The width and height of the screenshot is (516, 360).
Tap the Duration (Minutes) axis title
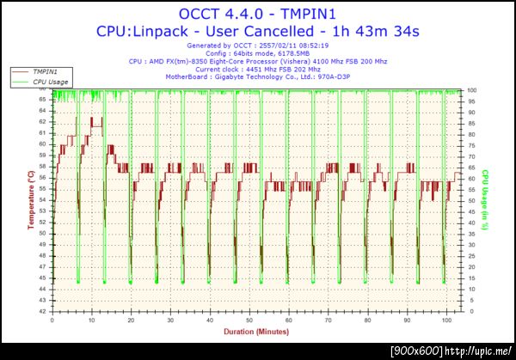(255, 330)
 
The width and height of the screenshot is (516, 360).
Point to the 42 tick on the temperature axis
(43, 311)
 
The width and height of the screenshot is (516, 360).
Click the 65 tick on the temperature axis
(43, 100)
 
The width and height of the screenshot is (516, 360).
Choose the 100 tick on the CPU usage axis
(472, 90)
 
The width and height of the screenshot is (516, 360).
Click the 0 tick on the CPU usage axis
(470, 311)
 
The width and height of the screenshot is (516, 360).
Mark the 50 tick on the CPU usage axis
(471, 201)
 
